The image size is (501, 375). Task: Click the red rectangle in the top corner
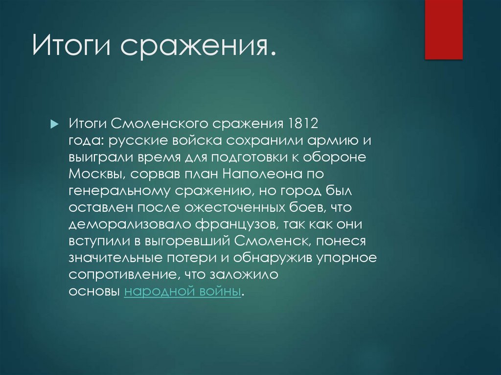[x=443, y=29]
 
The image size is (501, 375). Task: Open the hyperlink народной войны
[x=183, y=292]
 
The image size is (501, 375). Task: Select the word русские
[x=138, y=141]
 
